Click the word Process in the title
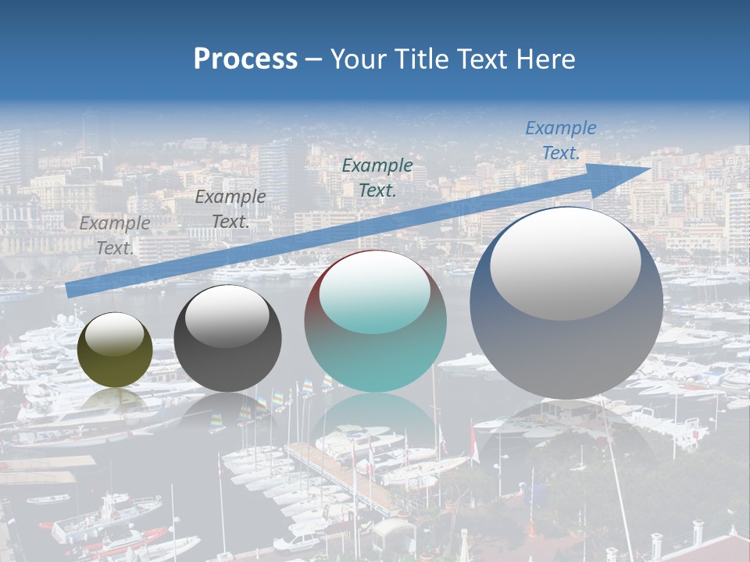point(245,59)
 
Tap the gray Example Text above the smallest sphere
point(115,235)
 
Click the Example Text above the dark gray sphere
point(230,209)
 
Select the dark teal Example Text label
point(377,177)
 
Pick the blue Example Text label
point(560,140)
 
